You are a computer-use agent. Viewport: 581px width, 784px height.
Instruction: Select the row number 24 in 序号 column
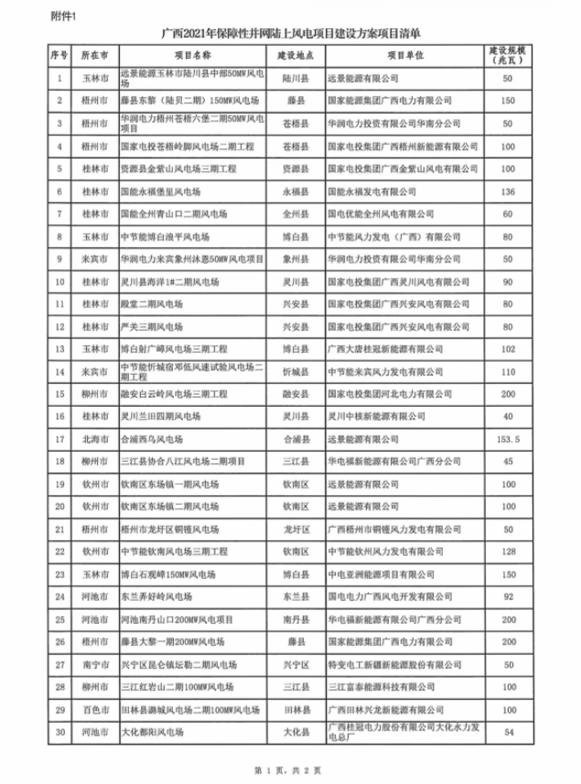coord(59,596)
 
